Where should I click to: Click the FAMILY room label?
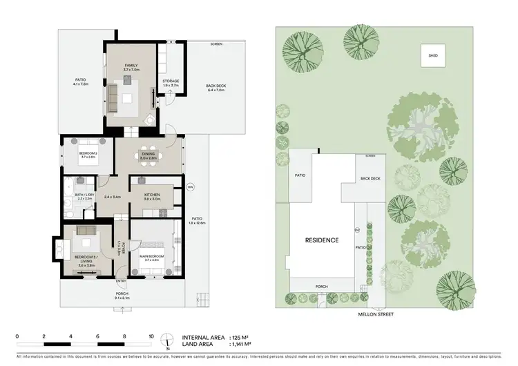click(131, 66)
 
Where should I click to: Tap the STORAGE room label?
click(171, 81)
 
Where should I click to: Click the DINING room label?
click(148, 154)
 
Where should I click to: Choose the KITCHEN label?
click(152, 195)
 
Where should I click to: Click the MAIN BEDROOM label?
click(152, 256)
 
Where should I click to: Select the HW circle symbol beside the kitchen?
click(190, 187)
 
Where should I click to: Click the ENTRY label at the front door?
click(121, 281)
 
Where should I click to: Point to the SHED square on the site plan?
click(433, 55)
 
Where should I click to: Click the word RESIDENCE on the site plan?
click(322, 240)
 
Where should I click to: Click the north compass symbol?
click(166, 340)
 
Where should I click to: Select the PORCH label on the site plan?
click(320, 287)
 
